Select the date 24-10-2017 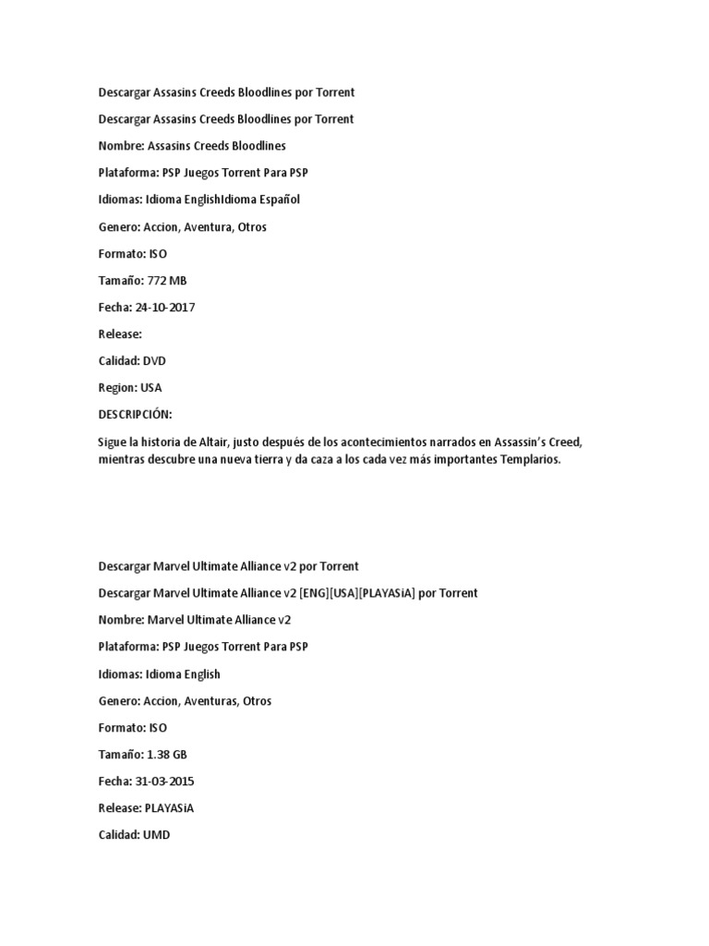click(165, 308)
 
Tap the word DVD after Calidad click(153, 361)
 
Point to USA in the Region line click(151, 388)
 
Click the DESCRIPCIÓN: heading click(135, 415)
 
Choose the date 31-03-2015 click(165, 782)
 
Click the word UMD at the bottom click(156, 835)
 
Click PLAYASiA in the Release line click(168, 808)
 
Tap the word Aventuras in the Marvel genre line click(210, 701)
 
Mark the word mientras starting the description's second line click(124, 459)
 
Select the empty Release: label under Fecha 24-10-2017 click(120, 334)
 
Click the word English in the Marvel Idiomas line click(198, 674)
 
